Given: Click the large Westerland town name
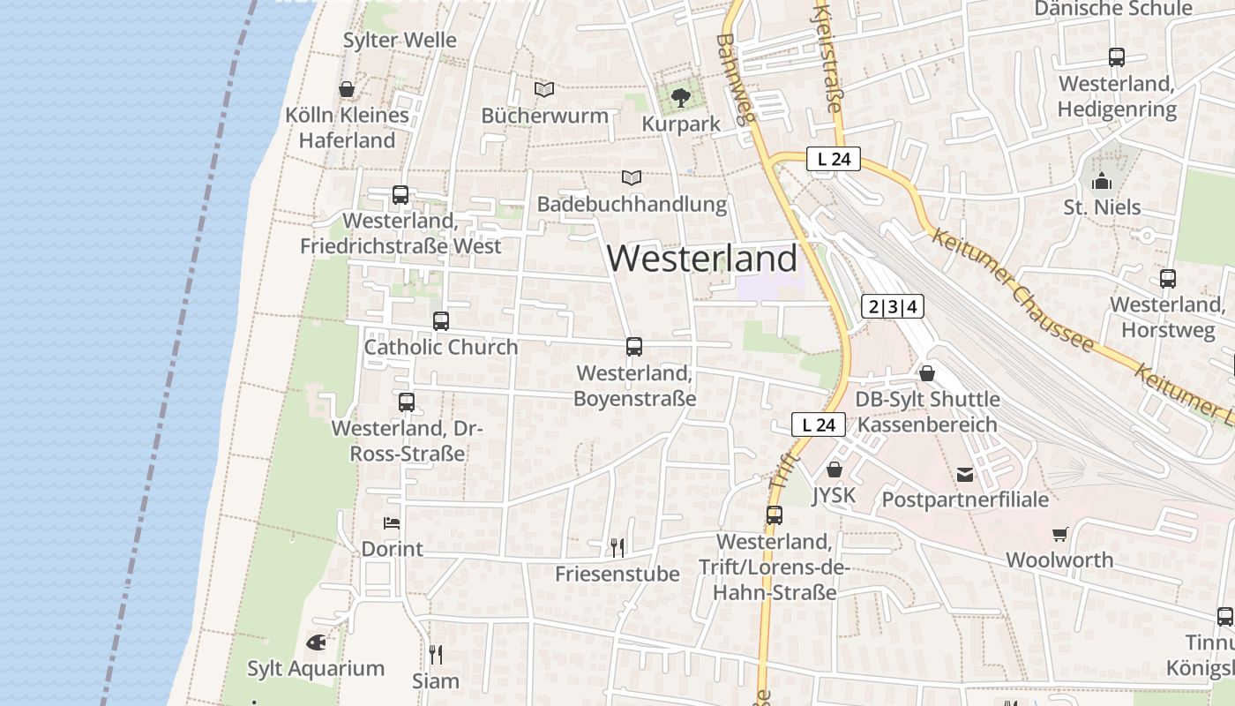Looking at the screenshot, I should coord(702,259).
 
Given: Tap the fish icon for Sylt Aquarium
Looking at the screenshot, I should coord(316,642).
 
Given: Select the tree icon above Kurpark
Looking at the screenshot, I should coord(680,97).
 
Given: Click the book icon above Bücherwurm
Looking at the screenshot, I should coord(544,89).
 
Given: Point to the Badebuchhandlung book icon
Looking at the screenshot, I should coord(632,177).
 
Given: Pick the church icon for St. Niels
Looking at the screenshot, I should coord(1102,182).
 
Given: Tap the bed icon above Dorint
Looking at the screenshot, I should coord(392,522).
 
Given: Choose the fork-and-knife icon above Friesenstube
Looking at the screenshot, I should coord(617,548).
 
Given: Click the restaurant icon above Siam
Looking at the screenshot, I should coord(436,654).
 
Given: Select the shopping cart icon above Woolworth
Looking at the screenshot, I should coord(1059,534).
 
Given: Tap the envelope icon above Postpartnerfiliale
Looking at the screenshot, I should coord(966,475).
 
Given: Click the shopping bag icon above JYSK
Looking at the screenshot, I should coord(835,469).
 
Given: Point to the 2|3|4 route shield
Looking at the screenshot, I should coord(893,307).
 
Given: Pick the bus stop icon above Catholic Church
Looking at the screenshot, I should coord(441,321).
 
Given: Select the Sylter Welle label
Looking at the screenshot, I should coord(400,40).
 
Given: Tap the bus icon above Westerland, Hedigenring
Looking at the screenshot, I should coord(1117,57).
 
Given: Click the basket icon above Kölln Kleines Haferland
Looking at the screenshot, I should coord(347,89).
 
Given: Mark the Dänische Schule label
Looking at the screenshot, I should coord(1113,9).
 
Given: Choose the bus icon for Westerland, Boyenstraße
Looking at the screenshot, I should coord(634,347).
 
